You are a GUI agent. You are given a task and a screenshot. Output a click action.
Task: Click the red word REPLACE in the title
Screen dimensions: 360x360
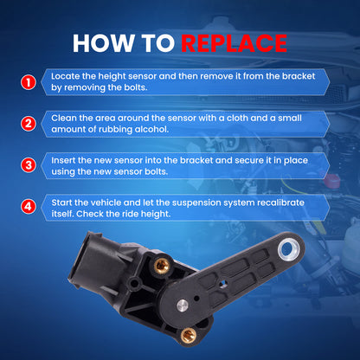pyautogui.click(x=234, y=43)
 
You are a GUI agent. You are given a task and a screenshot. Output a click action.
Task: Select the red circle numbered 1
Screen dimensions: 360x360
pyautogui.click(x=29, y=82)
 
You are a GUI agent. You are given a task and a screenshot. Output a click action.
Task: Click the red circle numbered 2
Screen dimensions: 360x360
pyautogui.click(x=29, y=124)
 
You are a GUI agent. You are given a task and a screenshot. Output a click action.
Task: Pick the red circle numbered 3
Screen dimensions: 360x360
pyautogui.click(x=29, y=165)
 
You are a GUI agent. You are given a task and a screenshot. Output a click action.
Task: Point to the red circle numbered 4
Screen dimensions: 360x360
pyautogui.click(x=29, y=207)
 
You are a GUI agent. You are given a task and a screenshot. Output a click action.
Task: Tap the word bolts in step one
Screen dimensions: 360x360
pyautogui.click(x=136, y=87)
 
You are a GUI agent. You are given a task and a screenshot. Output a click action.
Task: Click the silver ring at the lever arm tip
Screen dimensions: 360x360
pyautogui.click(x=289, y=248)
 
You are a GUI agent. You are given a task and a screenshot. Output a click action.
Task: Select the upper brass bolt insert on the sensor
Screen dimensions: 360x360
pyautogui.click(x=162, y=266)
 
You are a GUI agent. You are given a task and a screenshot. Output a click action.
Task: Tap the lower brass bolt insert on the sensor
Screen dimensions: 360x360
pyautogui.click(x=189, y=336)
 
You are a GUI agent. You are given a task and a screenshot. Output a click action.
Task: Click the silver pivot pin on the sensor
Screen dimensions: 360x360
pyautogui.click(x=183, y=305)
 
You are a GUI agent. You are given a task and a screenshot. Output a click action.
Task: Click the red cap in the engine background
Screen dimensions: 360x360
pyautogui.click(x=332, y=180)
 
